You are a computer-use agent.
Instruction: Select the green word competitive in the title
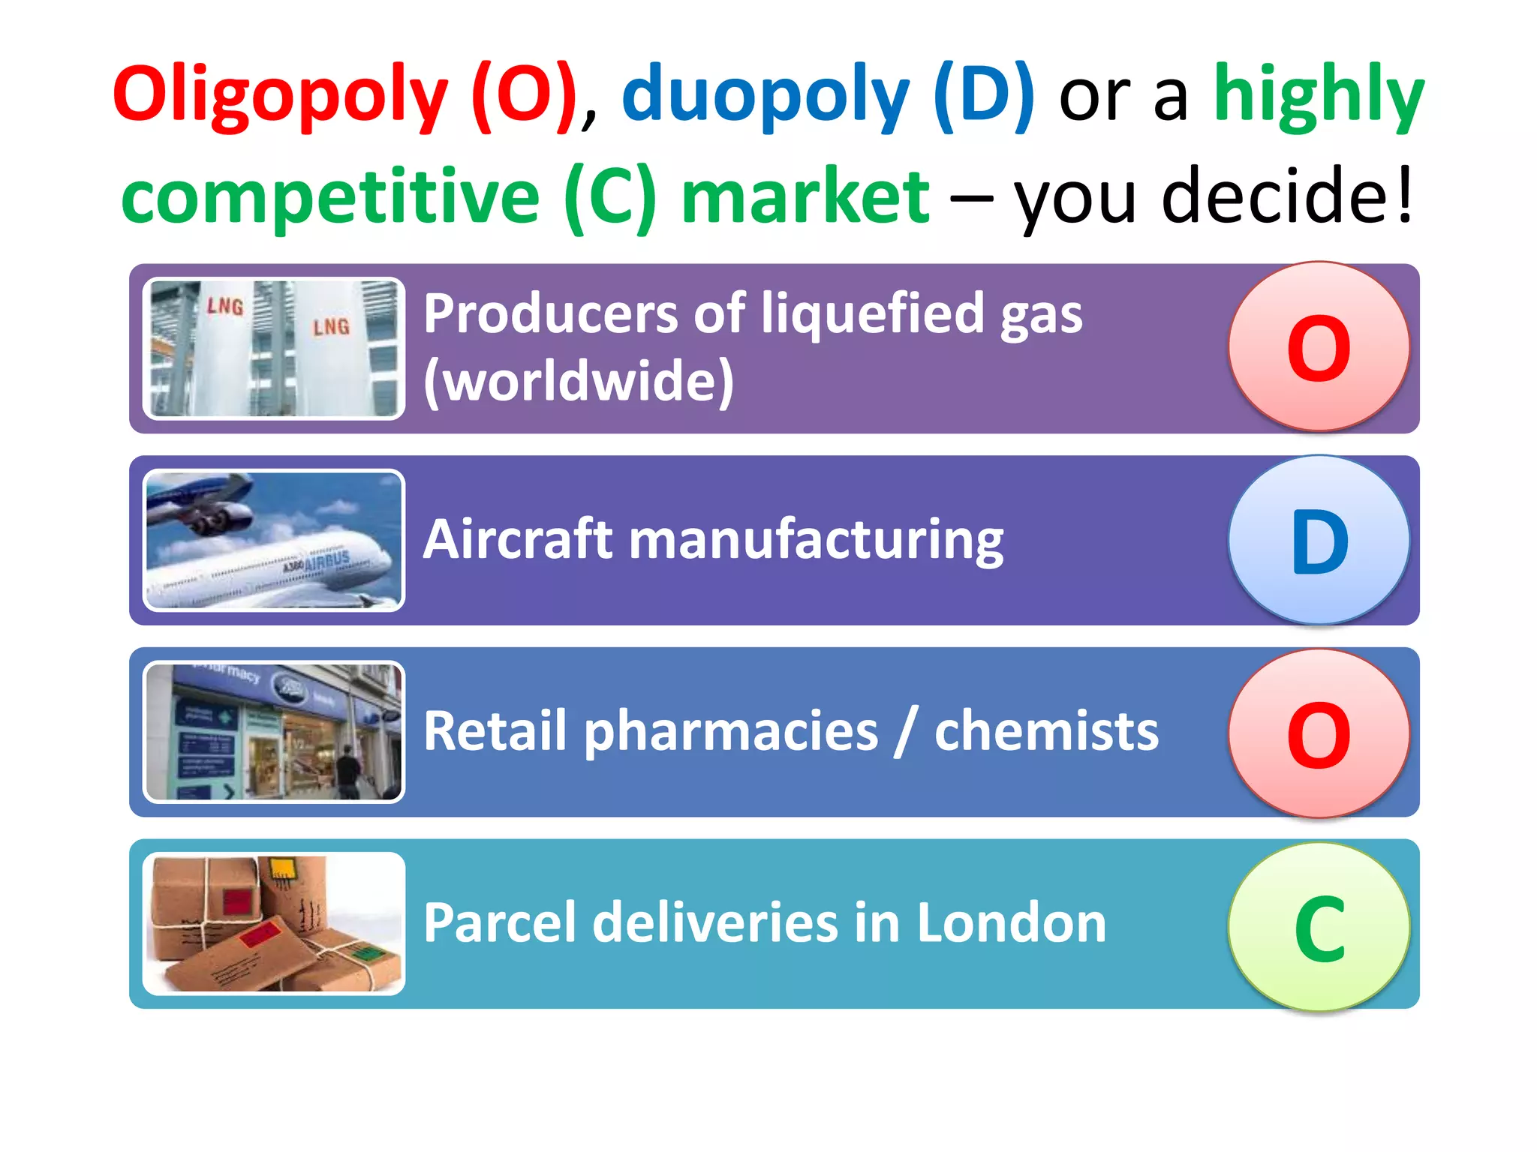click(330, 196)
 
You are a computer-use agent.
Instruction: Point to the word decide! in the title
click(1286, 196)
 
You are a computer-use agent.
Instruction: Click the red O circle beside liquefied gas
click(1319, 346)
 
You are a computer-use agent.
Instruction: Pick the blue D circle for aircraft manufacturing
click(1319, 540)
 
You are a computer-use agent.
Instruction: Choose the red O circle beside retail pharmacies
click(1319, 733)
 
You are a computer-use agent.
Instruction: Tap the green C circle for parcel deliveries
click(1319, 927)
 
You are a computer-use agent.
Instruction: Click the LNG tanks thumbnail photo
click(274, 348)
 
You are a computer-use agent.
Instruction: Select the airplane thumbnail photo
click(274, 540)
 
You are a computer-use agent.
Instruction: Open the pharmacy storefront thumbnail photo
click(274, 732)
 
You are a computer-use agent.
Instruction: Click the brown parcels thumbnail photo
click(274, 924)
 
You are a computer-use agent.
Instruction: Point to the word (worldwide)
click(579, 381)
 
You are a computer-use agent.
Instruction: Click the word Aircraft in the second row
click(519, 539)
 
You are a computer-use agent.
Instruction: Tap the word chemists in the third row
click(1046, 731)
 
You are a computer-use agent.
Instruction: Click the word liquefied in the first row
click(871, 313)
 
